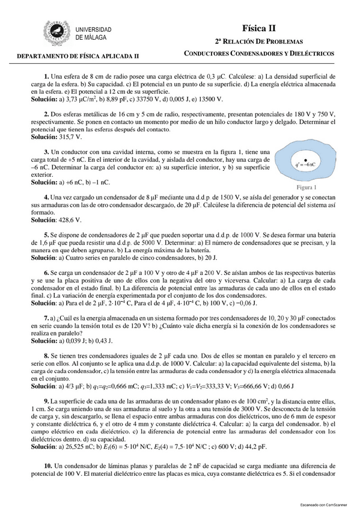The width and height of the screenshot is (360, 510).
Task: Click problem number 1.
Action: click(x=46, y=76)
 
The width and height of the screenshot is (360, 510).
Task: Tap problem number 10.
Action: click(x=48, y=466)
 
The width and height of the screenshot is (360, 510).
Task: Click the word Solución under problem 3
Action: click(x=43, y=181)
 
